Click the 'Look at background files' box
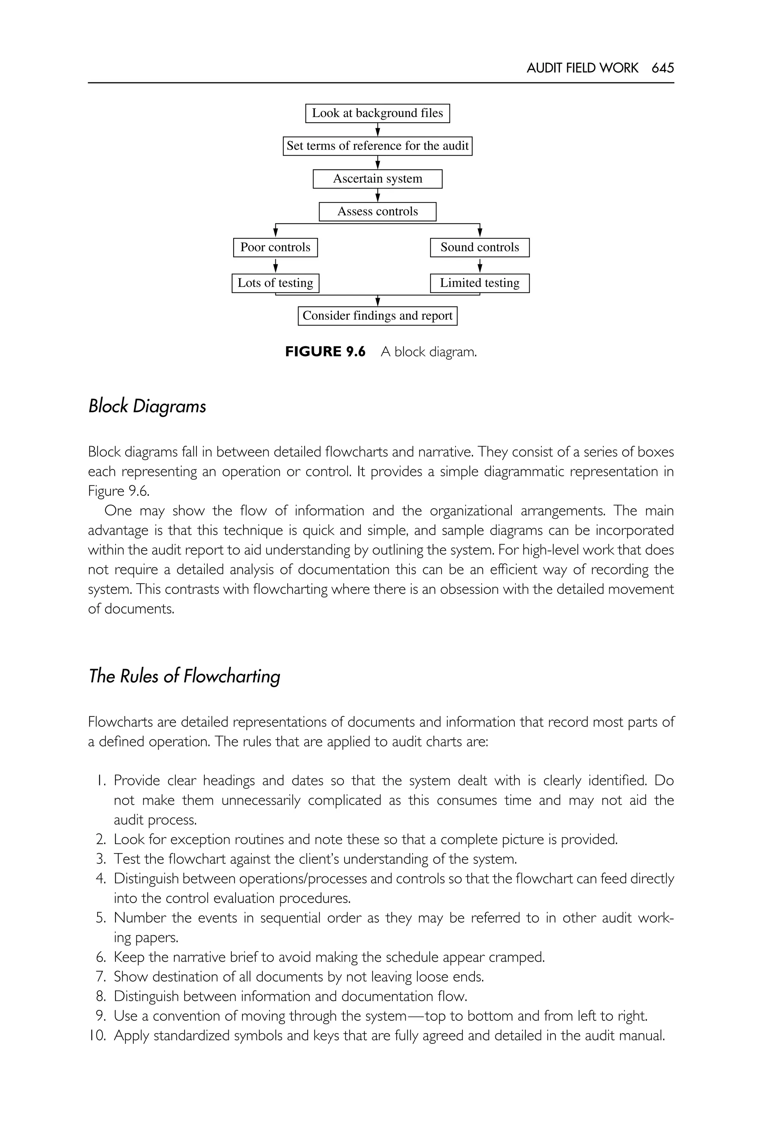[x=377, y=113]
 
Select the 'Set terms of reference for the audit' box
[x=377, y=146]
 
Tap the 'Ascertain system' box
[x=377, y=179]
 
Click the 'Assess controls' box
[x=377, y=211]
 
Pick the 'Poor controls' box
[x=275, y=247]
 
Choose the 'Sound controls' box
[x=480, y=247]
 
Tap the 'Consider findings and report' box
[x=377, y=316]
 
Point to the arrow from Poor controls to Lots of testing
[x=275, y=265]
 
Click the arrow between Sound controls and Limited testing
[x=480, y=265]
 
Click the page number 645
[x=663, y=68]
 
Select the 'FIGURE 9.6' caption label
[x=325, y=352]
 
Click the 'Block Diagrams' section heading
[x=147, y=406]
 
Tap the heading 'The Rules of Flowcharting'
[x=184, y=676]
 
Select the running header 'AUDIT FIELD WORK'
[x=582, y=68]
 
